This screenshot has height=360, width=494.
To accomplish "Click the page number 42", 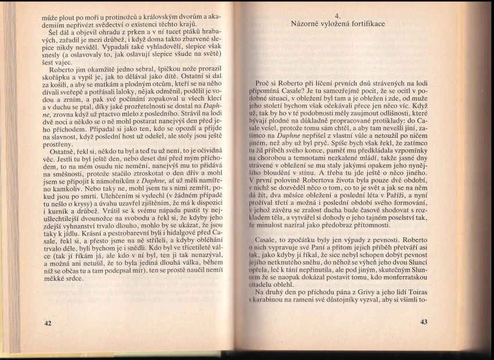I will tap(48, 323).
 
